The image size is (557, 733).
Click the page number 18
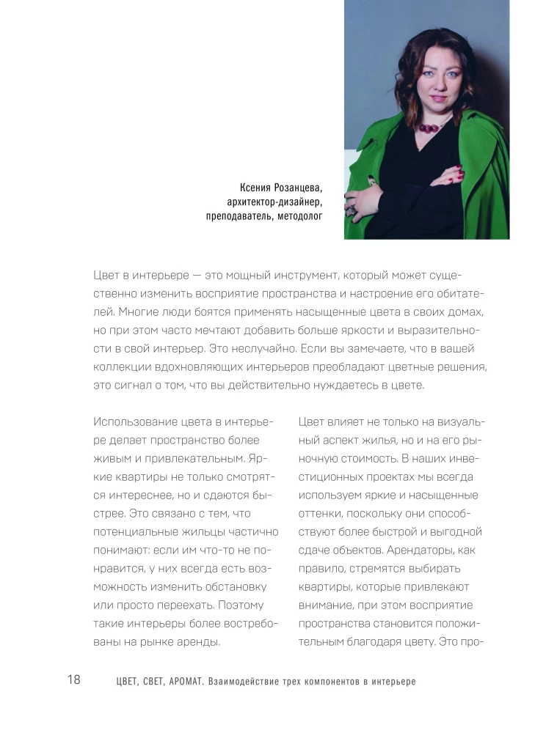[73, 679]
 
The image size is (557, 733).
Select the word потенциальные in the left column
[139, 531]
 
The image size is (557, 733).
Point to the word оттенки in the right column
[320, 513]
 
